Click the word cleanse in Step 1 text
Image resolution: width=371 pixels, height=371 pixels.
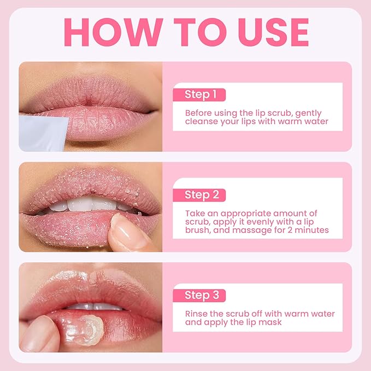tap(203, 121)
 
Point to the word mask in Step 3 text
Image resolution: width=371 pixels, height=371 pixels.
tap(270, 322)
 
